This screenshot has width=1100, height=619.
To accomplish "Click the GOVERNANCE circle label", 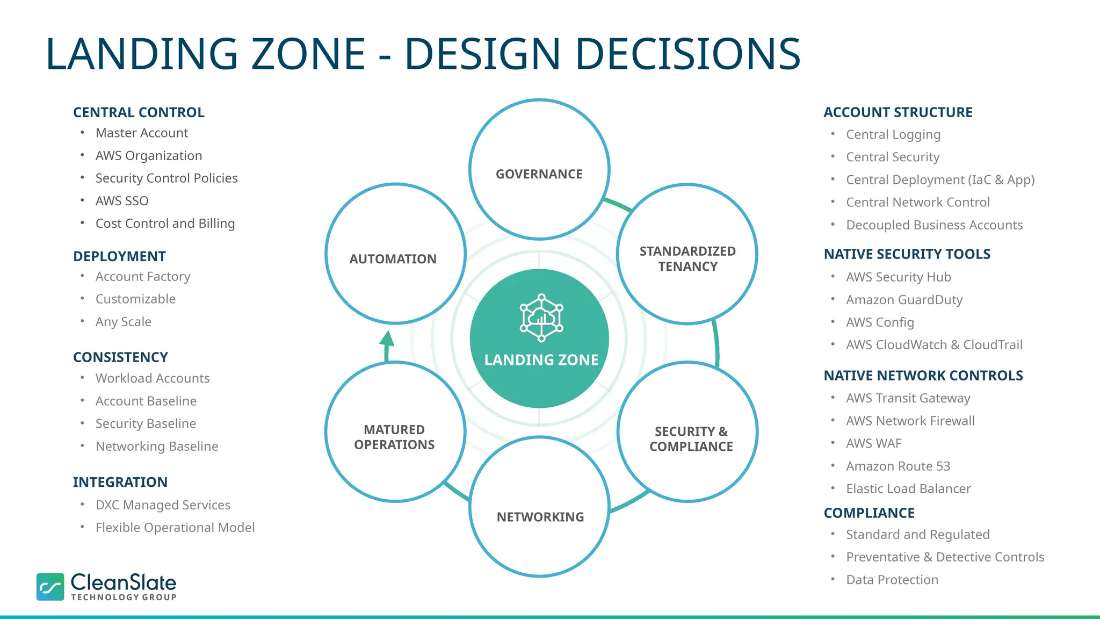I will coord(539,174).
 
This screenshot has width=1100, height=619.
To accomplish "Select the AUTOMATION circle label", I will coord(393,259).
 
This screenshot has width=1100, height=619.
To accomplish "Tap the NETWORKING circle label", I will coord(540,517).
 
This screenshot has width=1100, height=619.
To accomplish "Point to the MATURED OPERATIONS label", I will coord(394,437).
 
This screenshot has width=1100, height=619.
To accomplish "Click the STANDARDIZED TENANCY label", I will coord(687,259).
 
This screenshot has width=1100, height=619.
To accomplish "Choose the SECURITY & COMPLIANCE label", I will coord(691,439).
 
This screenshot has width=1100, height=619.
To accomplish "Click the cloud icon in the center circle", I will coord(541,318).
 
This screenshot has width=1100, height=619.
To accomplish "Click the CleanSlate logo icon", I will coord(50,586).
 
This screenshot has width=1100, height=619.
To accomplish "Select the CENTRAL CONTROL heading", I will coord(139,112).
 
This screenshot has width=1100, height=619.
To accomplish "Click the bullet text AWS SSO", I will coord(122,201).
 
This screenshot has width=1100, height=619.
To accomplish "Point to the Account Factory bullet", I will coord(143,277).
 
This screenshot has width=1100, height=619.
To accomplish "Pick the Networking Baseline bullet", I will coord(157,447).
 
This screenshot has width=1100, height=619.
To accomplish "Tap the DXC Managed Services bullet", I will coord(163,505).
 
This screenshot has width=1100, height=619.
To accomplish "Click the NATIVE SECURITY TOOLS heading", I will coord(907,254).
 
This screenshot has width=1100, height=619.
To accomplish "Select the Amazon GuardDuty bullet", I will coord(904,300).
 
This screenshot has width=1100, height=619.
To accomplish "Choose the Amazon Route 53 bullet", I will coord(898,466).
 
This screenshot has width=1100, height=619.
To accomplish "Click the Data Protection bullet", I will coord(892,580).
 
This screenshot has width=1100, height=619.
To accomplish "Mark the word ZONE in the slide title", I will coord(308,54).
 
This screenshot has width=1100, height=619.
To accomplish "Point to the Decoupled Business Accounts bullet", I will coord(934,225).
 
